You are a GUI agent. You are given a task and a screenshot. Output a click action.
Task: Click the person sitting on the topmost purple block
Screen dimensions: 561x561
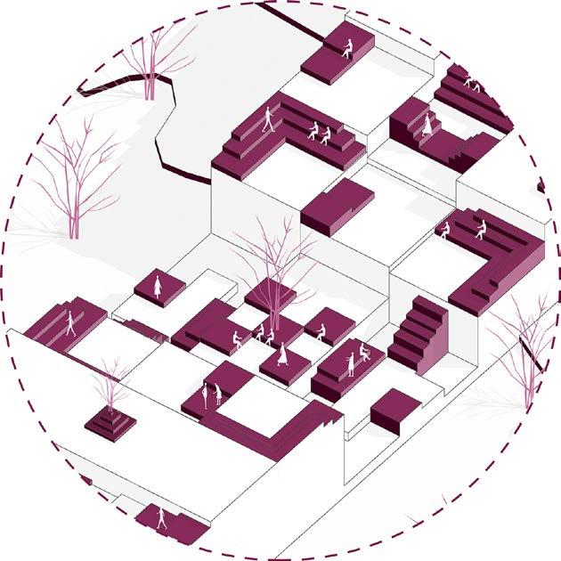click(347, 49)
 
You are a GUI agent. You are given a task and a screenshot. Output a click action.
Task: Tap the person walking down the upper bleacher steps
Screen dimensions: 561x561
click(269, 119)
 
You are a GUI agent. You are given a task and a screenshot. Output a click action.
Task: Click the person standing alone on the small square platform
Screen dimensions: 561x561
click(158, 286)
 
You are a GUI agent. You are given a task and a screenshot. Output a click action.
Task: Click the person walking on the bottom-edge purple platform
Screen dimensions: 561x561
click(160, 519)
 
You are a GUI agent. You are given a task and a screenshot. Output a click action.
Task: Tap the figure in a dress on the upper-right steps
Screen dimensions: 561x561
click(428, 124)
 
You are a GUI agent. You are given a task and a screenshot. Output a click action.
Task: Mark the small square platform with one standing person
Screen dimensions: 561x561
click(160, 288)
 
